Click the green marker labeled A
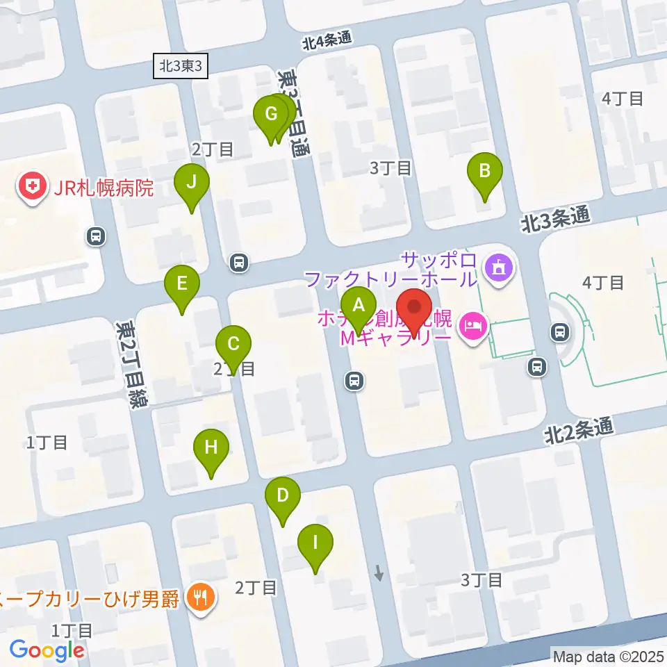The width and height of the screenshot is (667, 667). click(x=359, y=305)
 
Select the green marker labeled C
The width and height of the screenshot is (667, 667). click(x=233, y=345)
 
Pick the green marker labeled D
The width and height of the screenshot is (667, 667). click(x=283, y=496)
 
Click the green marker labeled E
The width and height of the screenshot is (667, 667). click(x=182, y=284)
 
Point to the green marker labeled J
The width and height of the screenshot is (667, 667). click(x=192, y=183)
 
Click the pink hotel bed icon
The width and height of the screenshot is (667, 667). click(x=473, y=323)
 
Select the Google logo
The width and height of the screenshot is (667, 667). click(x=47, y=650)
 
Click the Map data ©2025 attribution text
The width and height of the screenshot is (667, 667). click(x=607, y=655)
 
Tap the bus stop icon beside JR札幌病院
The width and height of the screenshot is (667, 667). click(x=95, y=237)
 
